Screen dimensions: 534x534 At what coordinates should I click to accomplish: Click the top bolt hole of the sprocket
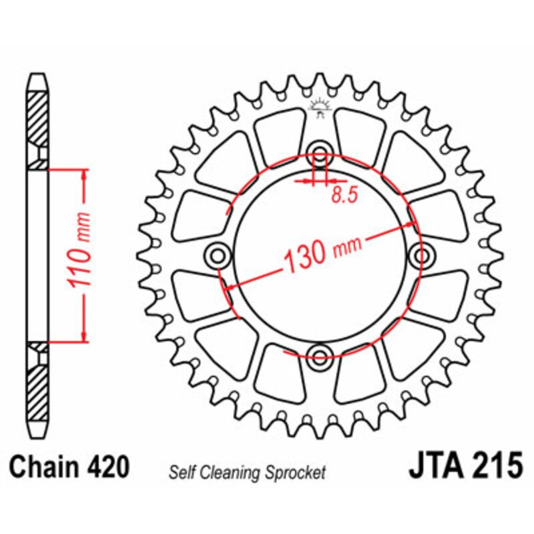point(320,152)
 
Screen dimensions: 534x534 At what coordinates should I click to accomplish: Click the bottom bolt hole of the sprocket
point(320,354)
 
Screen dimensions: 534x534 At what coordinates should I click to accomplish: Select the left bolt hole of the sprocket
point(219,254)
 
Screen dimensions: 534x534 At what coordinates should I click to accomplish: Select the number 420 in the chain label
point(106,467)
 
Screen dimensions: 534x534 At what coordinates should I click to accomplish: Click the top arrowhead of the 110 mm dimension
point(84,176)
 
